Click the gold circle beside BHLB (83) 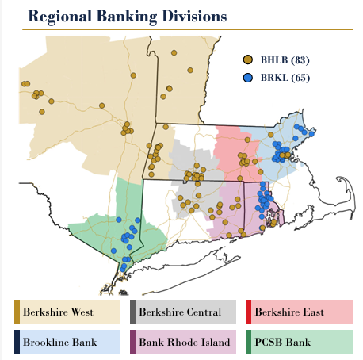248,60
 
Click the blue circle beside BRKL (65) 248,77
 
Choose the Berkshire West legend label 59,312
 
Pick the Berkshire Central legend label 180,312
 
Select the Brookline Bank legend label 59,343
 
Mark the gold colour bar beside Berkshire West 17,312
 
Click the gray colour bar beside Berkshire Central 133,312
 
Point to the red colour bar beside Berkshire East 249,312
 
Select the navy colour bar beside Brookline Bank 17,343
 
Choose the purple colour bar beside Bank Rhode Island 133,343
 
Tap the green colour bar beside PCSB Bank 249,343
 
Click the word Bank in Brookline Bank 84,343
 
